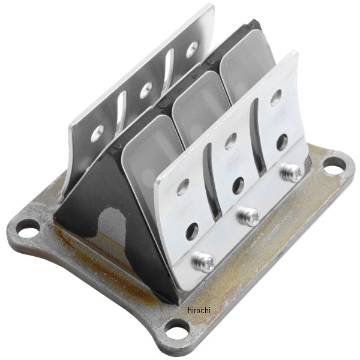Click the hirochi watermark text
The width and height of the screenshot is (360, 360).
[x=199, y=311]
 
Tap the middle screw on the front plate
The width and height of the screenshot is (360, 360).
[x=248, y=216]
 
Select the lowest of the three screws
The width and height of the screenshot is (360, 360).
[x=203, y=262]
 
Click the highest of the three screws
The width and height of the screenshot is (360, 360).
[x=291, y=172]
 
